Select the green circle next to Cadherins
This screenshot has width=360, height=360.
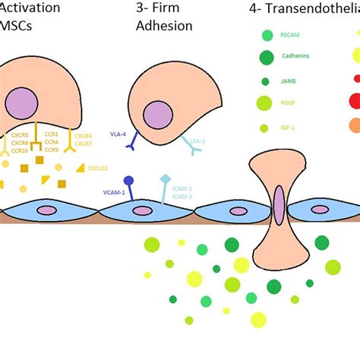pyautogui.click(x=267, y=58)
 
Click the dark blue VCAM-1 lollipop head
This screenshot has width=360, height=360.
pyautogui.click(x=129, y=181)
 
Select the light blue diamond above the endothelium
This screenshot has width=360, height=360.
pyautogui.click(x=165, y=180)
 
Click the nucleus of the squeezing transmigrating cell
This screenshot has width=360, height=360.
pyautogui.click(x=279, y=205)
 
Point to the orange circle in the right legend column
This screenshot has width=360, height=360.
pyautogui.click(x=355, y=125)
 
